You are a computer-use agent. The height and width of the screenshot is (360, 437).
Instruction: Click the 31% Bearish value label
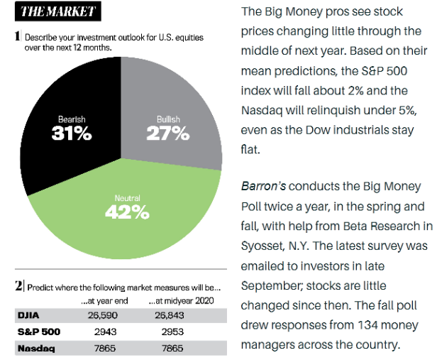pos(72,133)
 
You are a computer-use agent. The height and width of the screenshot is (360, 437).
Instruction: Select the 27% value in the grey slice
pos(168,133)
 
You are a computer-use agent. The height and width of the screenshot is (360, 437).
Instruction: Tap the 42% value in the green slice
pos(127,211)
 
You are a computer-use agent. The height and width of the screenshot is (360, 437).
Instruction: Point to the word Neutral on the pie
pos(127,197)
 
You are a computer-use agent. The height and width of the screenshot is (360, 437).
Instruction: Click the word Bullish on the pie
pos(168,119)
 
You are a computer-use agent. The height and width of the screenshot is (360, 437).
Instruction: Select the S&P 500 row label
pos(38,332)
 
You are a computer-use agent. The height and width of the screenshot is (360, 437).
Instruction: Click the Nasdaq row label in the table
pos(35,349)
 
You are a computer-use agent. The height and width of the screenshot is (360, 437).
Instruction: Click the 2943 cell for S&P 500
pos(104,332)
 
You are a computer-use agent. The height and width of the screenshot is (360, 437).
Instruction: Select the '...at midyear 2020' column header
pos(175,301)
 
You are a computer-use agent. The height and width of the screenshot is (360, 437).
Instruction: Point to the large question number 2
pos(18,287)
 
